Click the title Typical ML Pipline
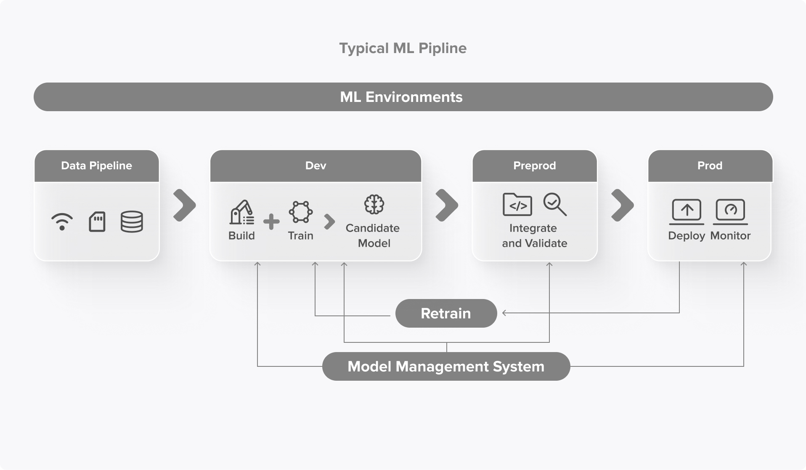pos(403,48)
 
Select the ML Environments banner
pos(403,97)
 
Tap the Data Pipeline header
pos(96,166)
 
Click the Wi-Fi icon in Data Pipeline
pos(62,222)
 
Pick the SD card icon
pos(97,222)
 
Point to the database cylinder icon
pos(132,222)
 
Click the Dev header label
pos(316,166)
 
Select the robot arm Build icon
pos(241,212)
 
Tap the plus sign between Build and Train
pos(271,222)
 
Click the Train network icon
pos(300,212)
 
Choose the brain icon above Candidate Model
pos(374,205)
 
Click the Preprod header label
pos(534,166)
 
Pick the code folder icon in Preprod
pos(517,205)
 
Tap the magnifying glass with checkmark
pos(555,204)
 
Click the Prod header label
pos(710,166)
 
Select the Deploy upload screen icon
pos(687,211)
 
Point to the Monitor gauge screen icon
pos(730,211)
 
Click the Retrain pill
pos(446,313)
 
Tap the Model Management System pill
pos(446,366)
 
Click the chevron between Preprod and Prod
pos(622,205)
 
